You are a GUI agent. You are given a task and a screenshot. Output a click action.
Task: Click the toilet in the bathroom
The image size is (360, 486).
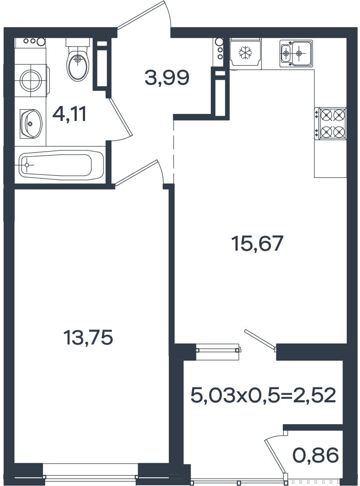pos(78,60)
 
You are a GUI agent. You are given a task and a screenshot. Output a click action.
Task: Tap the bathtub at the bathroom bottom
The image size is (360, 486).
pos(61,165)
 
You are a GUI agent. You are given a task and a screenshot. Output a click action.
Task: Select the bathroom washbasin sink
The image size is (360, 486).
pos(30,123)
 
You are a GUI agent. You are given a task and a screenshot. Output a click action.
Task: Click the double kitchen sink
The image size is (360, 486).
pos(296,53)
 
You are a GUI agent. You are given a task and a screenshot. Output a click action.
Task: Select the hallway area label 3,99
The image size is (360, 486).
pos(167,78)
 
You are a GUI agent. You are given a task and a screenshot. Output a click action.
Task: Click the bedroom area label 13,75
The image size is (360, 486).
pos(87,337)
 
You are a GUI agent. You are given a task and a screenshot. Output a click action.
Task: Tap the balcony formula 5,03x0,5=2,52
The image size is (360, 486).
pos(263,395)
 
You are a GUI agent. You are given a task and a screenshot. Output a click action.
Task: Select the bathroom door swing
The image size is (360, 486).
pos(121,120)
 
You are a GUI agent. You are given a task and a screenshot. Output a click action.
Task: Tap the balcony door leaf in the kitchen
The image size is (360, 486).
pos(260,340)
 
